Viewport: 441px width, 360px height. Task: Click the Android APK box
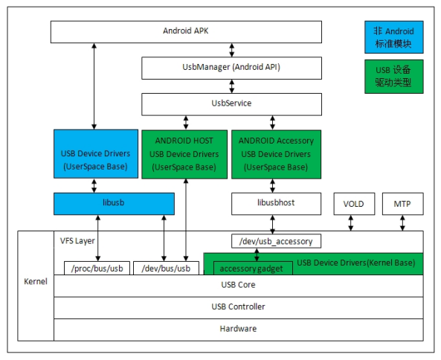pos(186,31)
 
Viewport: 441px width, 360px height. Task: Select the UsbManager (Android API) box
pos(231,68)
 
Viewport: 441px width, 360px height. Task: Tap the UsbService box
pos(231,103)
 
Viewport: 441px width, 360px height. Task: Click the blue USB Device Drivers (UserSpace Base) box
pos(95,154)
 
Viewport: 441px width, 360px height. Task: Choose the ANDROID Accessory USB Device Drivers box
pos(276,154)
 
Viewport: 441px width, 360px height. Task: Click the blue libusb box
pos(114,203)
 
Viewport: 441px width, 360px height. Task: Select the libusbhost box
pos(276,203)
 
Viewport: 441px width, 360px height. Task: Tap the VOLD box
pos(354,203)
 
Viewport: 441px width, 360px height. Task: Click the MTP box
pos(402,203)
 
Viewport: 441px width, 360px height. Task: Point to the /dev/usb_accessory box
pos(276,241)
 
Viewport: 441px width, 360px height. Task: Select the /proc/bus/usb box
pos(95,269)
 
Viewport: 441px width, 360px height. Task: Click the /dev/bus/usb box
pos(166,269)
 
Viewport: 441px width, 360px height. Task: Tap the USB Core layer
pos(238,285)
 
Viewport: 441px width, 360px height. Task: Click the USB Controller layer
pos(238,306)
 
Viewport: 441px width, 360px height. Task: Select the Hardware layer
pos(238,328)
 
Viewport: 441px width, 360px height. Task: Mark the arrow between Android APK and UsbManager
pos(232,50)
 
